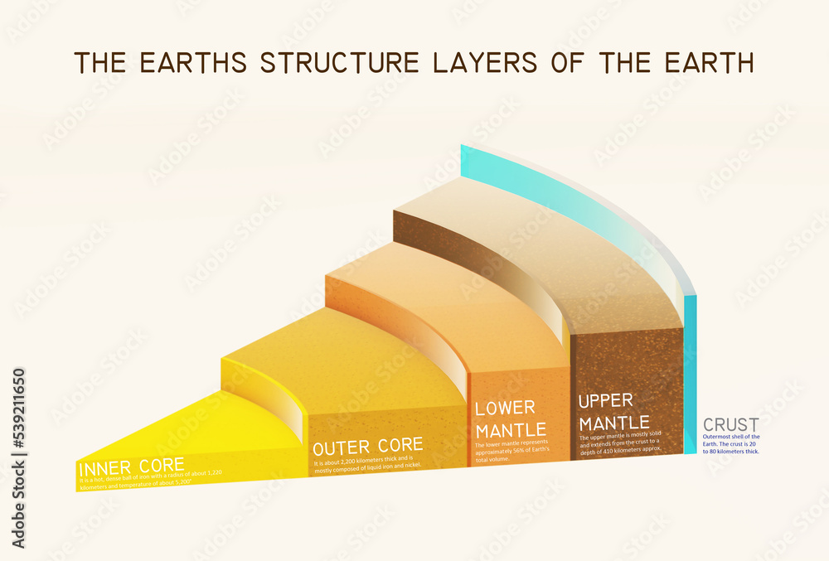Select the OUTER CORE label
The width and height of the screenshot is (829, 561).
[x=367, y=446]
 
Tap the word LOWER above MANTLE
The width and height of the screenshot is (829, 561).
[x=505, y=408]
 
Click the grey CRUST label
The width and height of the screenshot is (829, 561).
[x=730, y=425]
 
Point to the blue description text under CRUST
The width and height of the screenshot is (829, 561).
[x=730, y=443]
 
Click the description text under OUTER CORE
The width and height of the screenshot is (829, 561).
[x=367, y=462]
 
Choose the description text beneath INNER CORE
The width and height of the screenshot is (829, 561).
[x=149, y=477]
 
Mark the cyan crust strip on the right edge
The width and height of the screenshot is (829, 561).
[x=690, y=373]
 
